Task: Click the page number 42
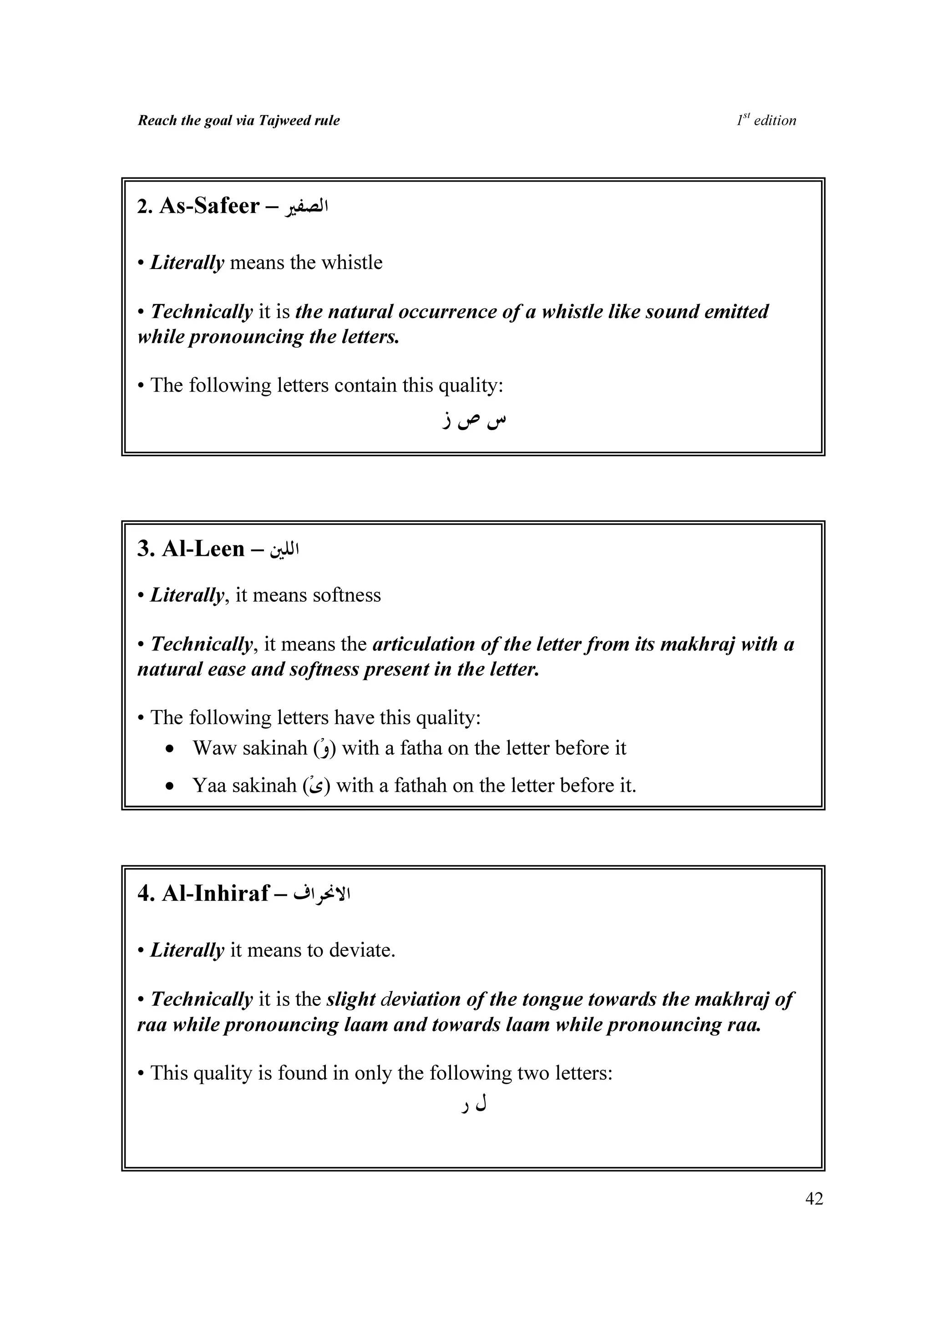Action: [814, 1198]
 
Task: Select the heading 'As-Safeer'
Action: [210, 206]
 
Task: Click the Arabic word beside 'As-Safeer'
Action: [305, 206]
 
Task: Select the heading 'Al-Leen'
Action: [203, 548]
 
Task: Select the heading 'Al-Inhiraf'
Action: [215, 893]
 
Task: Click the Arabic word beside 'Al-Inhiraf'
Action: [322, 894]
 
